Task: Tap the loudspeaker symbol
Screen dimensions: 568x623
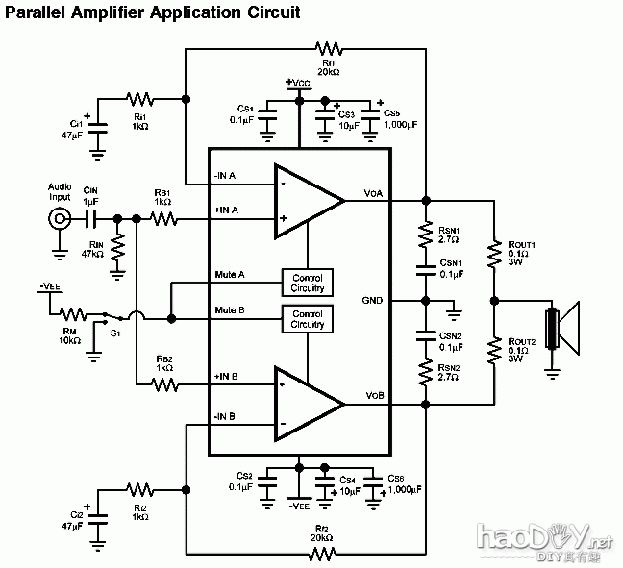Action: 562,328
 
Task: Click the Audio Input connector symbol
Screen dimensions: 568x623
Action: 61,219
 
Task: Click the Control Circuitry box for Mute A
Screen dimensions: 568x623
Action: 308,282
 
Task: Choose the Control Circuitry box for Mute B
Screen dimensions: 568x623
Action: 308,319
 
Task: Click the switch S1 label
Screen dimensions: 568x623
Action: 115,333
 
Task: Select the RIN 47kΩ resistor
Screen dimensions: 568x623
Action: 117,249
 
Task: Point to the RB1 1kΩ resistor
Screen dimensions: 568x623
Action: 162,219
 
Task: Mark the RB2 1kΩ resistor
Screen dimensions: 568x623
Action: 162,384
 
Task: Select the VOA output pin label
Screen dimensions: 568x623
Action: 373,193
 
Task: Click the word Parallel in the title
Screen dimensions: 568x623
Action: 38,13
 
